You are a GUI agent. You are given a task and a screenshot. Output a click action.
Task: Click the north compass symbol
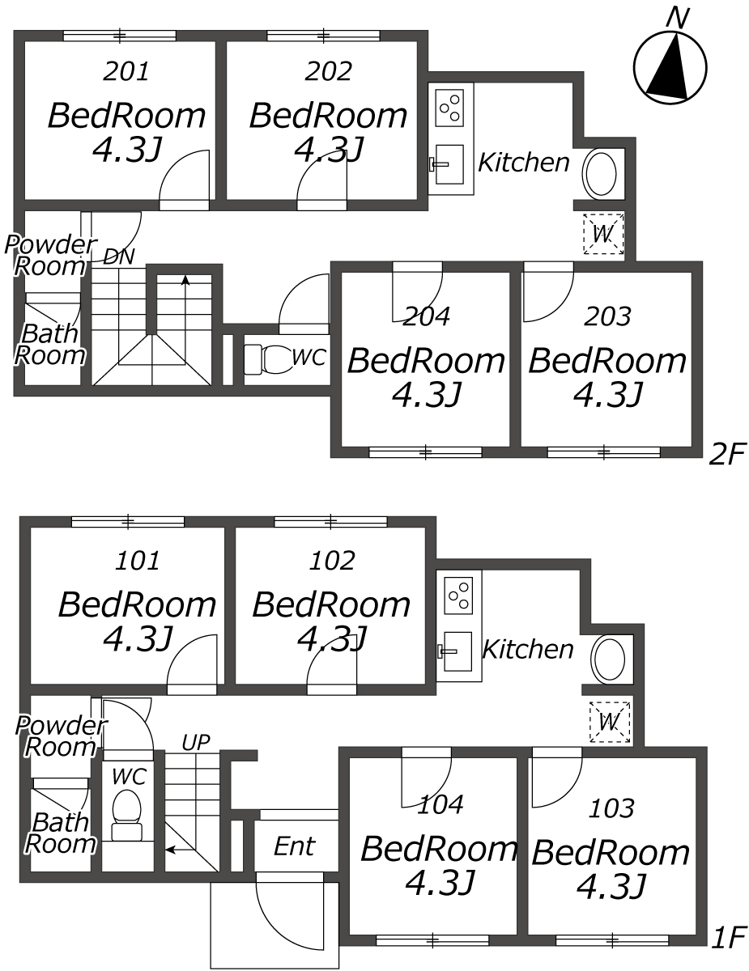670,68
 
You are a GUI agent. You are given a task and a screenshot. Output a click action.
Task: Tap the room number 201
126,72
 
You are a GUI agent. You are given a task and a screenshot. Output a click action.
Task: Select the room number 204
427,316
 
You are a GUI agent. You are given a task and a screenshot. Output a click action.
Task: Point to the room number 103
612,808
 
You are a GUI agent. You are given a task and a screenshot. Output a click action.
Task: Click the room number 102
332,560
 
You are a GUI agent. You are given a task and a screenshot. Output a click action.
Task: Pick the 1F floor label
730,938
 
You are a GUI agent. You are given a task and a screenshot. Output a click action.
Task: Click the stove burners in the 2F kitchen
450,108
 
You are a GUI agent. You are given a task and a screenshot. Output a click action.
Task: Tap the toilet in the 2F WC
266,358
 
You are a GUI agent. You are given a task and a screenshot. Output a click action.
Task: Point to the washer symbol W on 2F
603,234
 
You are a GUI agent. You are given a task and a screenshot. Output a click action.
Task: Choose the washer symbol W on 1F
610,721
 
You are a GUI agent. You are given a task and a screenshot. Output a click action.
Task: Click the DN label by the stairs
118,257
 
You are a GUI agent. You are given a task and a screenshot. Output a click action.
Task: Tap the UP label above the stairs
196,740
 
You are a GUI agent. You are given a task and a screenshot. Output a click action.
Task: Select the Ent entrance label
294,846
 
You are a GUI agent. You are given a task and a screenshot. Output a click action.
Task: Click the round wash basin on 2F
601,174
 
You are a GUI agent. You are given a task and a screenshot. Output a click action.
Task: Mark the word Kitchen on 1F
528,649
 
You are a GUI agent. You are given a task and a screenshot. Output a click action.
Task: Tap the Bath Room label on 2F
49,344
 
